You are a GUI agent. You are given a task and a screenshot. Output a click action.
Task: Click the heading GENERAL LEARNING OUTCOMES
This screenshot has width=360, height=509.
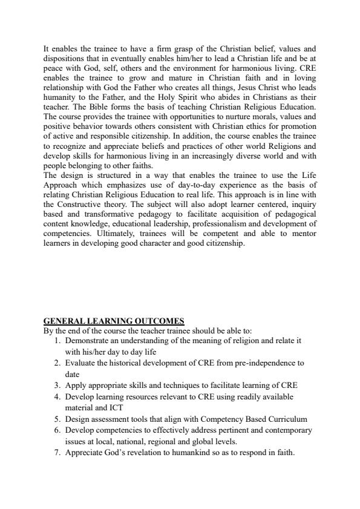point(114,321)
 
